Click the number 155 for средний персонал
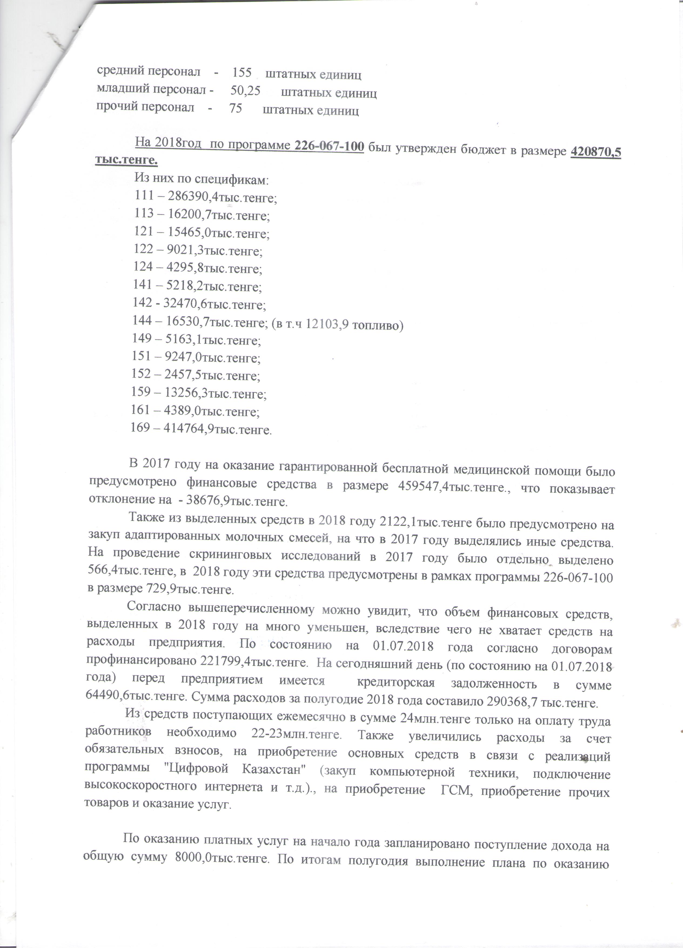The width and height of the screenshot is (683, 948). [x=242, y=73]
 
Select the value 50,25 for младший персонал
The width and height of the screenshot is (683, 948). [x=245, y=91]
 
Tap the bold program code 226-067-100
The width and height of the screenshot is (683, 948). [x=329, y=146]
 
